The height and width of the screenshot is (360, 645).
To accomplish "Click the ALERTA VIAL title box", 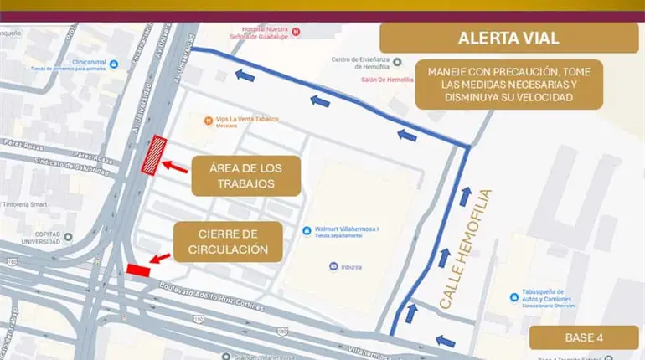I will [x=508, y=39].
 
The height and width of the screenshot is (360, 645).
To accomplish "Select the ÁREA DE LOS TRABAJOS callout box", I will [x=244, y=176].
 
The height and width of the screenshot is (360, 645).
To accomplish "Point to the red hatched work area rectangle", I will [x=154, y=155].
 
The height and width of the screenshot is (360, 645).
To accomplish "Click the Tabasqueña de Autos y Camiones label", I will [x=539, y=301].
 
